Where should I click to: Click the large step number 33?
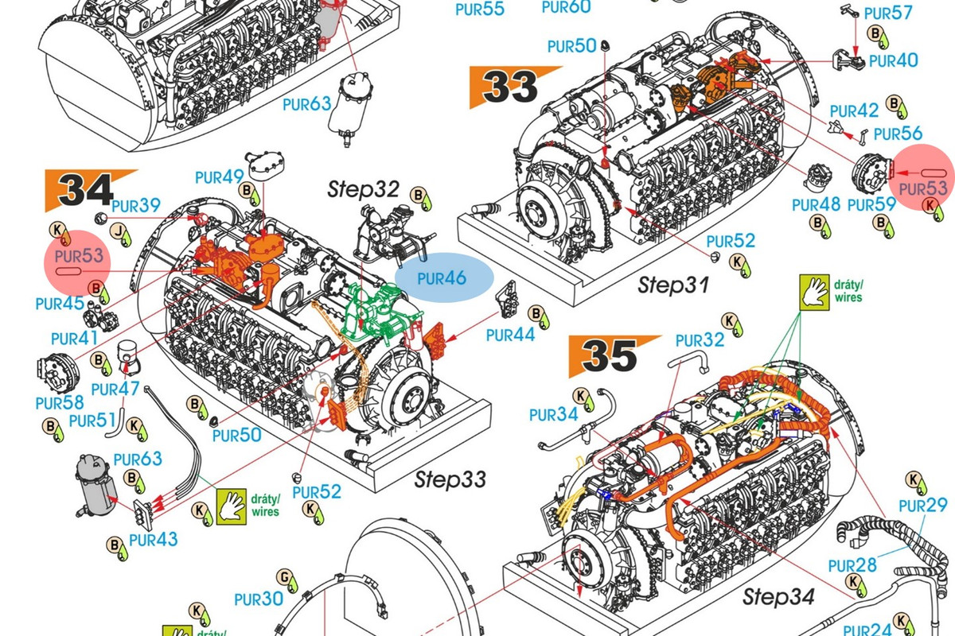coord(510,87)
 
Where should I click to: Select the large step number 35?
coord(610,355)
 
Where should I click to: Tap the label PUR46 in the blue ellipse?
coord(442,278)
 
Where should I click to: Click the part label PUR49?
coord(219,176)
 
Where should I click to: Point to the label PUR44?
coord(510,335)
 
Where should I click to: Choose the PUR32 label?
coord(700,340)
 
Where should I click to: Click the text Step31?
coord(673,285)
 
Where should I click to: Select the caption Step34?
coord(778,596)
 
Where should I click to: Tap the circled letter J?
coord(118,231)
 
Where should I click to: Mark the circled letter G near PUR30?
coord(284,577)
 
